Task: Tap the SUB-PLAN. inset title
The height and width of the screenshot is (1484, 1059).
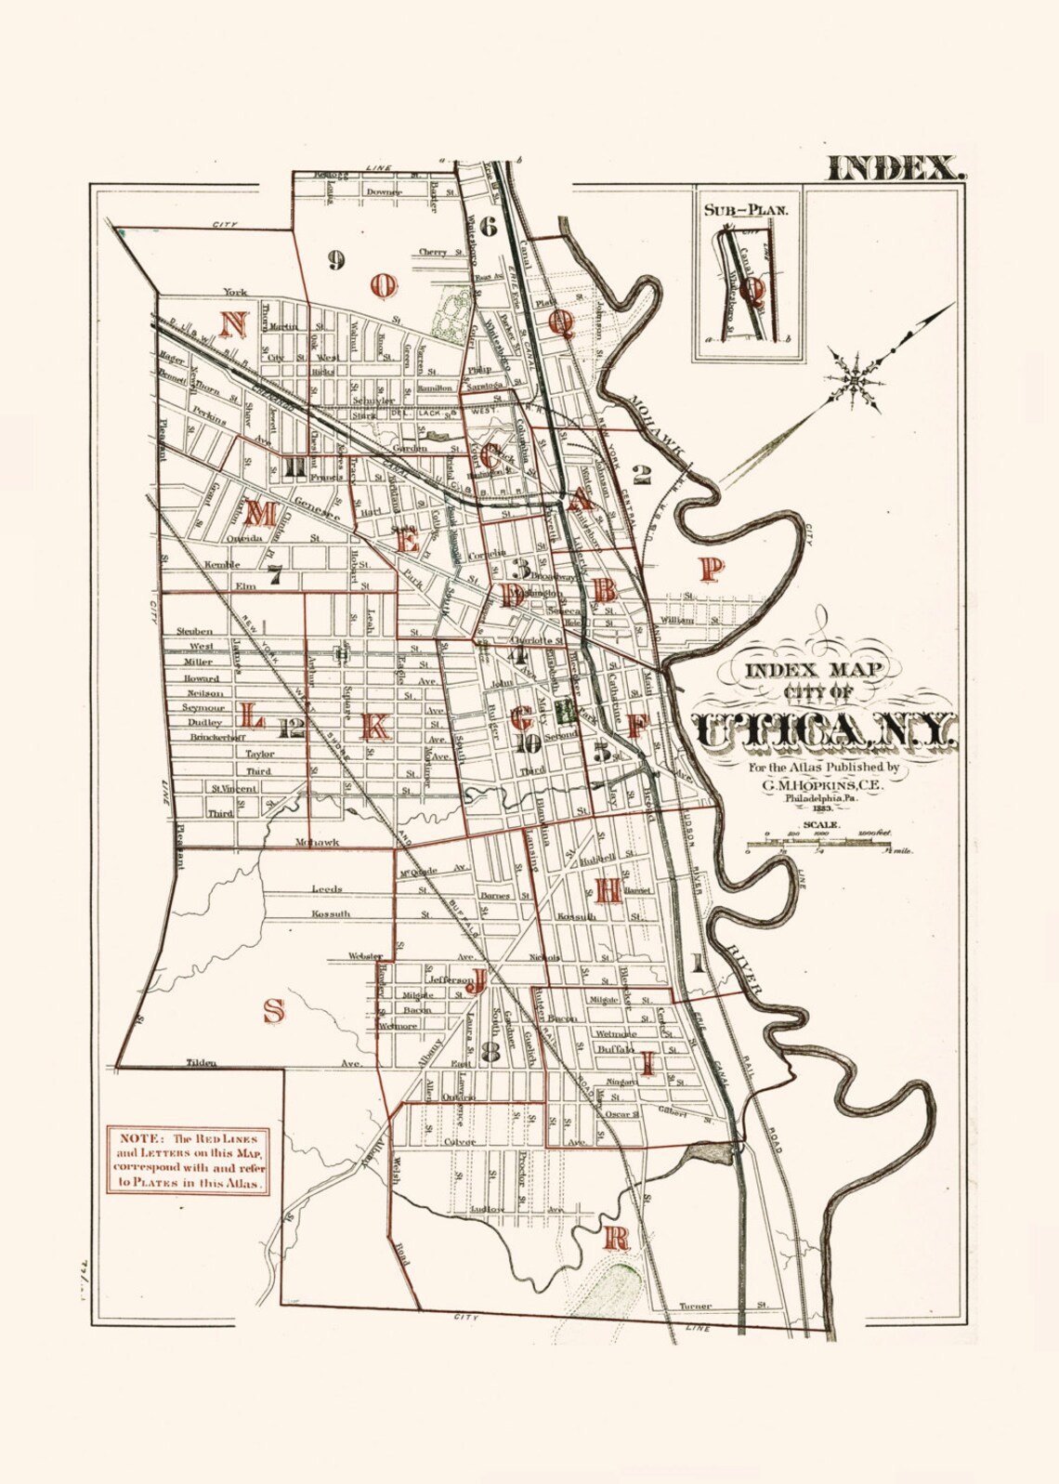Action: [x=746, y=209]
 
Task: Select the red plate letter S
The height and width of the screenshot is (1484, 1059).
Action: [x=273, y=1008]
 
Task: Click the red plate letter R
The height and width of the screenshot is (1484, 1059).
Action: [x=618, y=1238]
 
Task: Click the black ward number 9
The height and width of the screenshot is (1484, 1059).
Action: [x=336, y=261]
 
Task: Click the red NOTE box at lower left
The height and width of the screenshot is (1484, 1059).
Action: [x=190, y=1161]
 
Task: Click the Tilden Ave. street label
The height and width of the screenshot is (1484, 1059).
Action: [x=201, y=1062]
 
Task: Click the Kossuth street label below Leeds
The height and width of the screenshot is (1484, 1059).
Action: [x=332, y=914]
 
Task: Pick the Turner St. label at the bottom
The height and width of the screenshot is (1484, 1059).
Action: [x=695, y=1306]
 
